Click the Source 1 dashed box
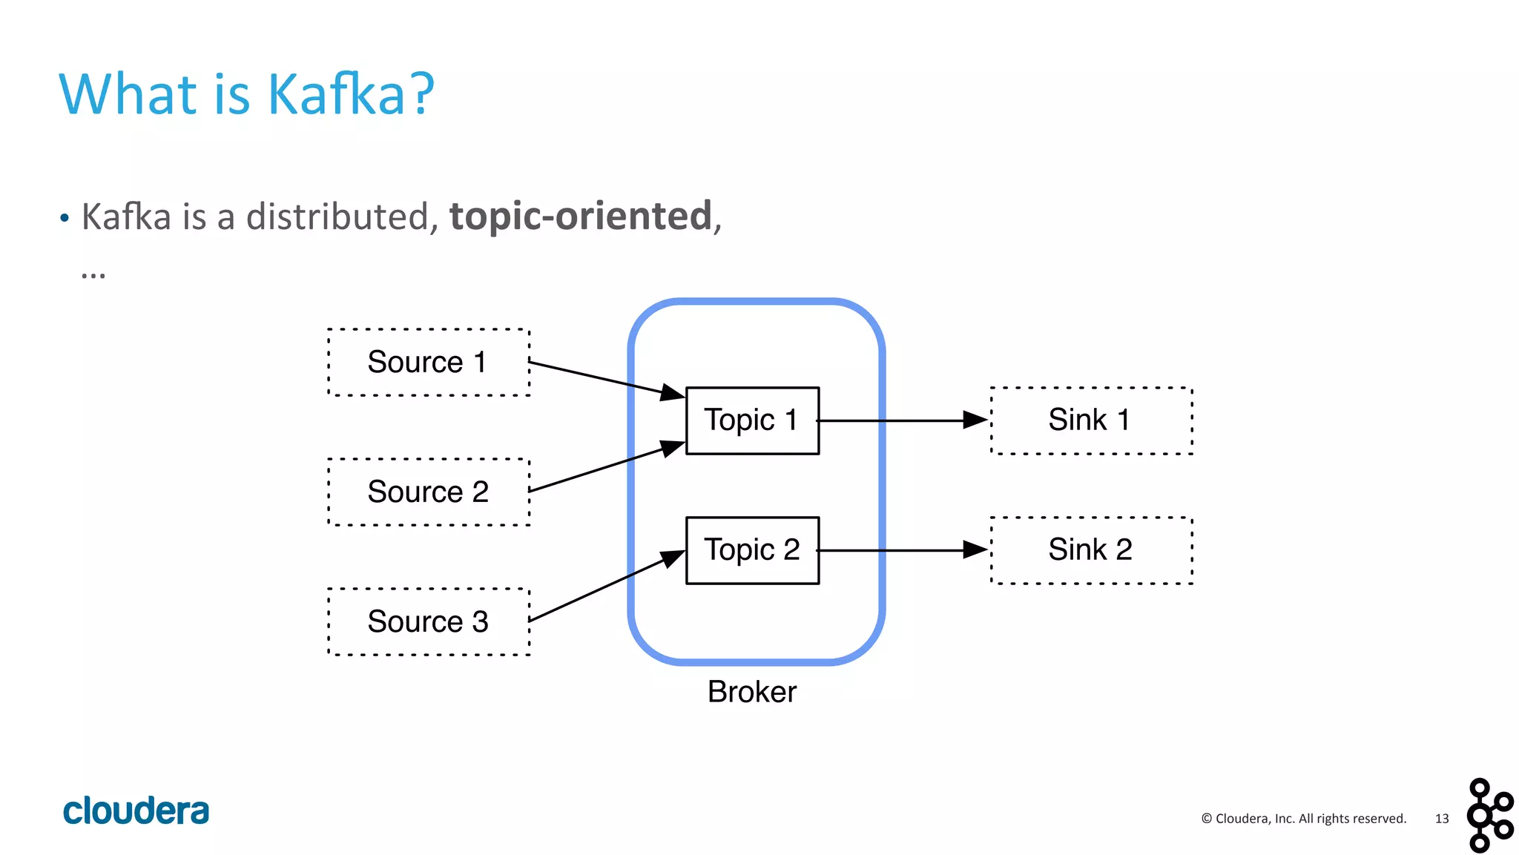pos(429,363)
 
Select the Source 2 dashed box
pos(429,492)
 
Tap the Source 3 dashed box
pos(429,622)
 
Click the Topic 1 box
pos(752,420)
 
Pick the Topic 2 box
pos(752,550)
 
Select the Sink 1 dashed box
pos(1091,420)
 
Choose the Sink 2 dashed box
pos(1091,550)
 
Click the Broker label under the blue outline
pos(751,692)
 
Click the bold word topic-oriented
pos(581,217)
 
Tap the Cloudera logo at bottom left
pos(136,811)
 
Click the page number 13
pos(1441,819)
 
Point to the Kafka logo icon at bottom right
pos(1489,815)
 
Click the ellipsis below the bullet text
pos(93,275)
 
